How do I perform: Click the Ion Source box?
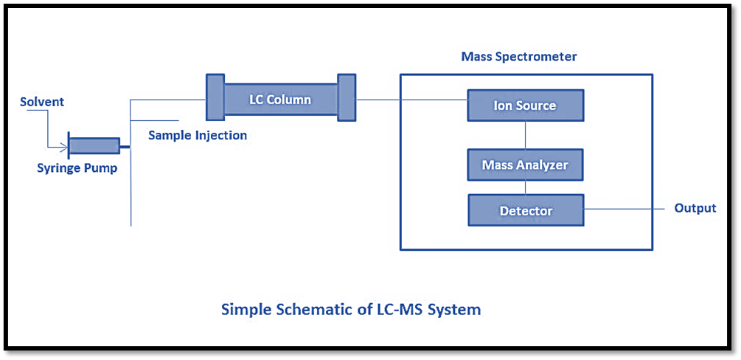[525, 105]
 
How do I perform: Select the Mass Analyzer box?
[525, 165]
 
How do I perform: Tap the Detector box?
[526, 210]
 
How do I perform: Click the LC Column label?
[279, 100]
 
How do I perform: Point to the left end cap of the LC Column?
[215, 97]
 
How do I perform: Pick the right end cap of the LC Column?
[347, 97]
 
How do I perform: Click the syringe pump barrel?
[94, 145]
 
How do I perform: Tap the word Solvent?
[42, 102]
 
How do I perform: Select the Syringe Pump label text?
[77, 168]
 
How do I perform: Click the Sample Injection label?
[198, 136]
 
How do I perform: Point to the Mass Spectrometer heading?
[519, 57]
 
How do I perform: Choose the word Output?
[695, 208]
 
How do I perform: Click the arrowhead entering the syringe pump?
[65, 145]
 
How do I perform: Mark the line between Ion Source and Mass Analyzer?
[525, 135]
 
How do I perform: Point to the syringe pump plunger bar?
[69, 145]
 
